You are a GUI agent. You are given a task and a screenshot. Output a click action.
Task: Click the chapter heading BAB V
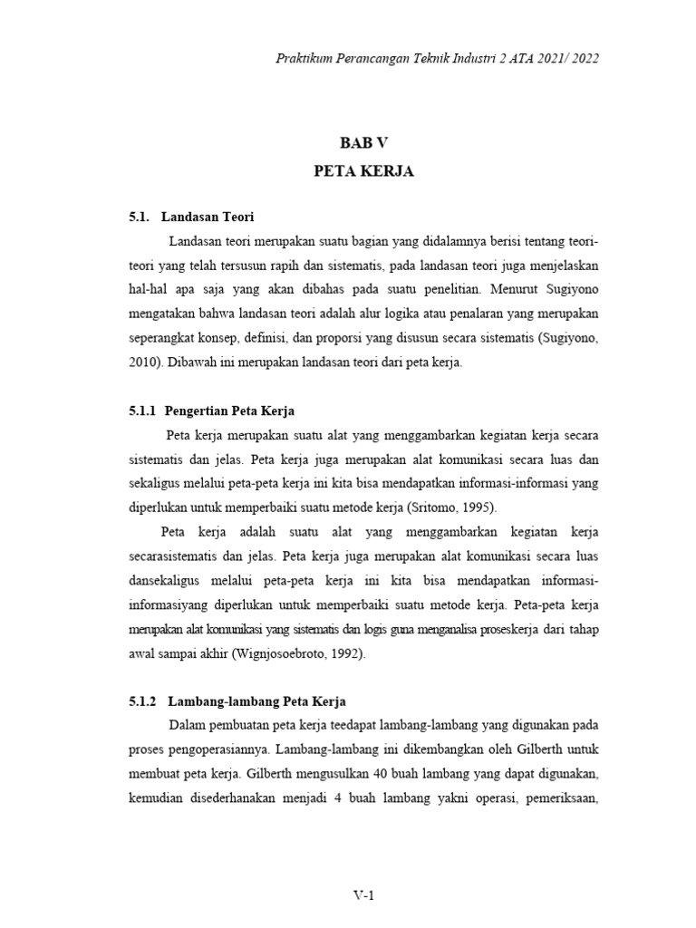pyautogui.click(x=363, y=141)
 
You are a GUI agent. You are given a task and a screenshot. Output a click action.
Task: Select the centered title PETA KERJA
pyautogui.click(x=363, y=171)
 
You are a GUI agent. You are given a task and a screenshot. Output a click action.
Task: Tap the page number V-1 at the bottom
pyautogui.click(x=363, y=896)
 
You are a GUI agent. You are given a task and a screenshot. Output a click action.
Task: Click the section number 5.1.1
pyautogui.click(x=143, y=411)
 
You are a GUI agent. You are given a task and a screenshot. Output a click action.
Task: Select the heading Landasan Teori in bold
pyautogui.click(x=208, y=217)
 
